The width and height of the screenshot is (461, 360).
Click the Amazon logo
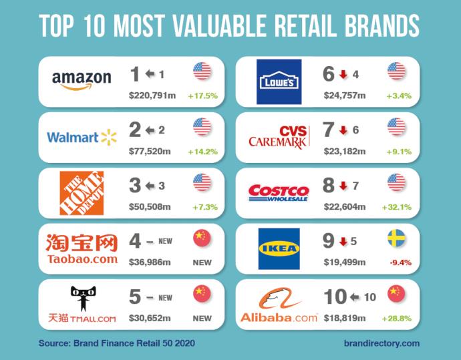(81, 80)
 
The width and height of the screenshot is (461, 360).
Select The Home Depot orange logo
(82, 193)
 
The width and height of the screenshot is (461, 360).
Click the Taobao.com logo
(82, 248)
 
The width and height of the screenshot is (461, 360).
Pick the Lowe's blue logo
(279, 81)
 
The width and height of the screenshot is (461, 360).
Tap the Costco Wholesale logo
(279, 193)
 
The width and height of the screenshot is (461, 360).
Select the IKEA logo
(279, 248)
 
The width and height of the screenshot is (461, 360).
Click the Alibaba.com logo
(279, 305)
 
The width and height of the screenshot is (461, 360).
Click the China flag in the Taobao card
(202, 238)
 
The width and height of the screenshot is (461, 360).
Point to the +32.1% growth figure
(396, 207)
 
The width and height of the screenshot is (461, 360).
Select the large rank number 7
(328, 130)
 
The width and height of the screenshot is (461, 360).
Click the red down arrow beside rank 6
(343, 74)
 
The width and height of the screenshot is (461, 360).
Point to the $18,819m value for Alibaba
(344, 319)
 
